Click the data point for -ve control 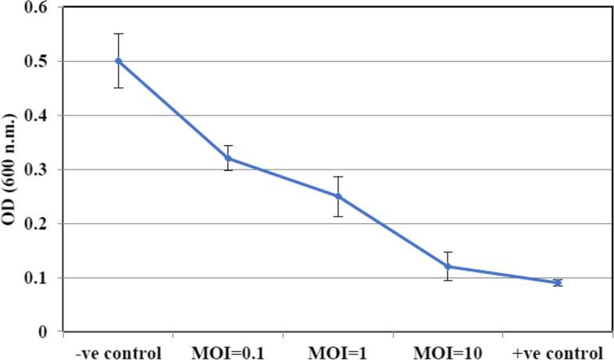(118, 60)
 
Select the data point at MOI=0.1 (228, 158)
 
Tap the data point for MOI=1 (338, 196)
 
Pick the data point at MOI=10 (448, 266)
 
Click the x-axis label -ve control (118, 351)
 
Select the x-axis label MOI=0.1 (228, 351)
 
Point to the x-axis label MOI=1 (338, 351)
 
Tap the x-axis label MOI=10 (448, 351)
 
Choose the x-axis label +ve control (559, 351)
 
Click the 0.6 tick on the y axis (36, 8)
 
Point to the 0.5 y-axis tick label (36, 62)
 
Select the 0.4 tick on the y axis (36, 116)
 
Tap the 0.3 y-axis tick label (36, 169)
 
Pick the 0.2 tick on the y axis (36, 223)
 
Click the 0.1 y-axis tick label (36, 278)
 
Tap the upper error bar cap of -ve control (118, 34)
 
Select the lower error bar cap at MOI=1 (338, 216)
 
